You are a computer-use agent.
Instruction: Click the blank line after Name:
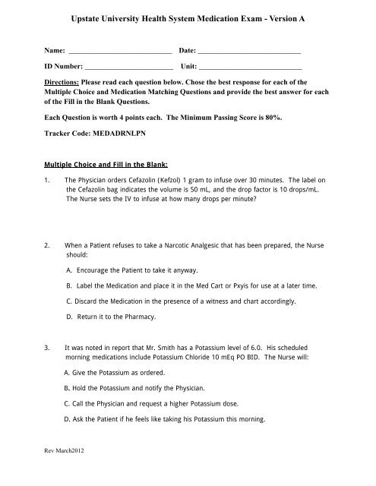click(120, 52)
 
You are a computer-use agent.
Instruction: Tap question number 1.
click(48, 179)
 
